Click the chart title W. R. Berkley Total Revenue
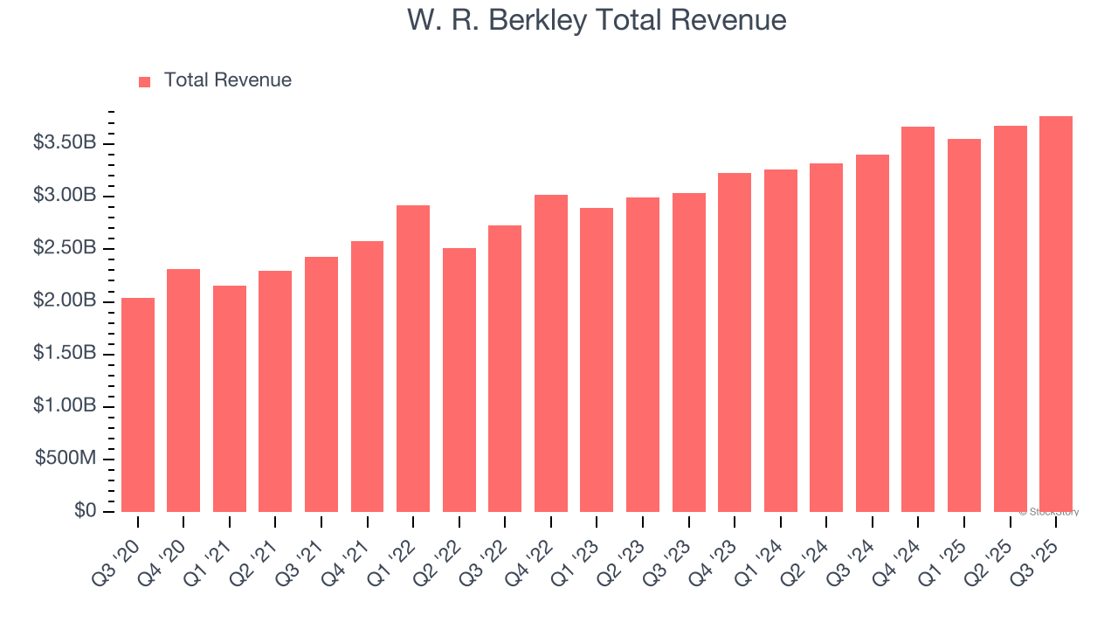point(597,20)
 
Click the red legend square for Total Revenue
point(145,81)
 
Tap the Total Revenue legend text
point(227,80)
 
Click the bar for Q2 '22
point(459,380)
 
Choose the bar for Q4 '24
point(918,319)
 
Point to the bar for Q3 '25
point(1055,314)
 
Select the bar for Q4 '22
point(551,353)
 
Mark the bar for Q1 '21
point(230,398)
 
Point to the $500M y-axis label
point(66,460)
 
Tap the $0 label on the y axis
point(85,511)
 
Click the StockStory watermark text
point(1049,512)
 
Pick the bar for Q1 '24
point(780,341)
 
